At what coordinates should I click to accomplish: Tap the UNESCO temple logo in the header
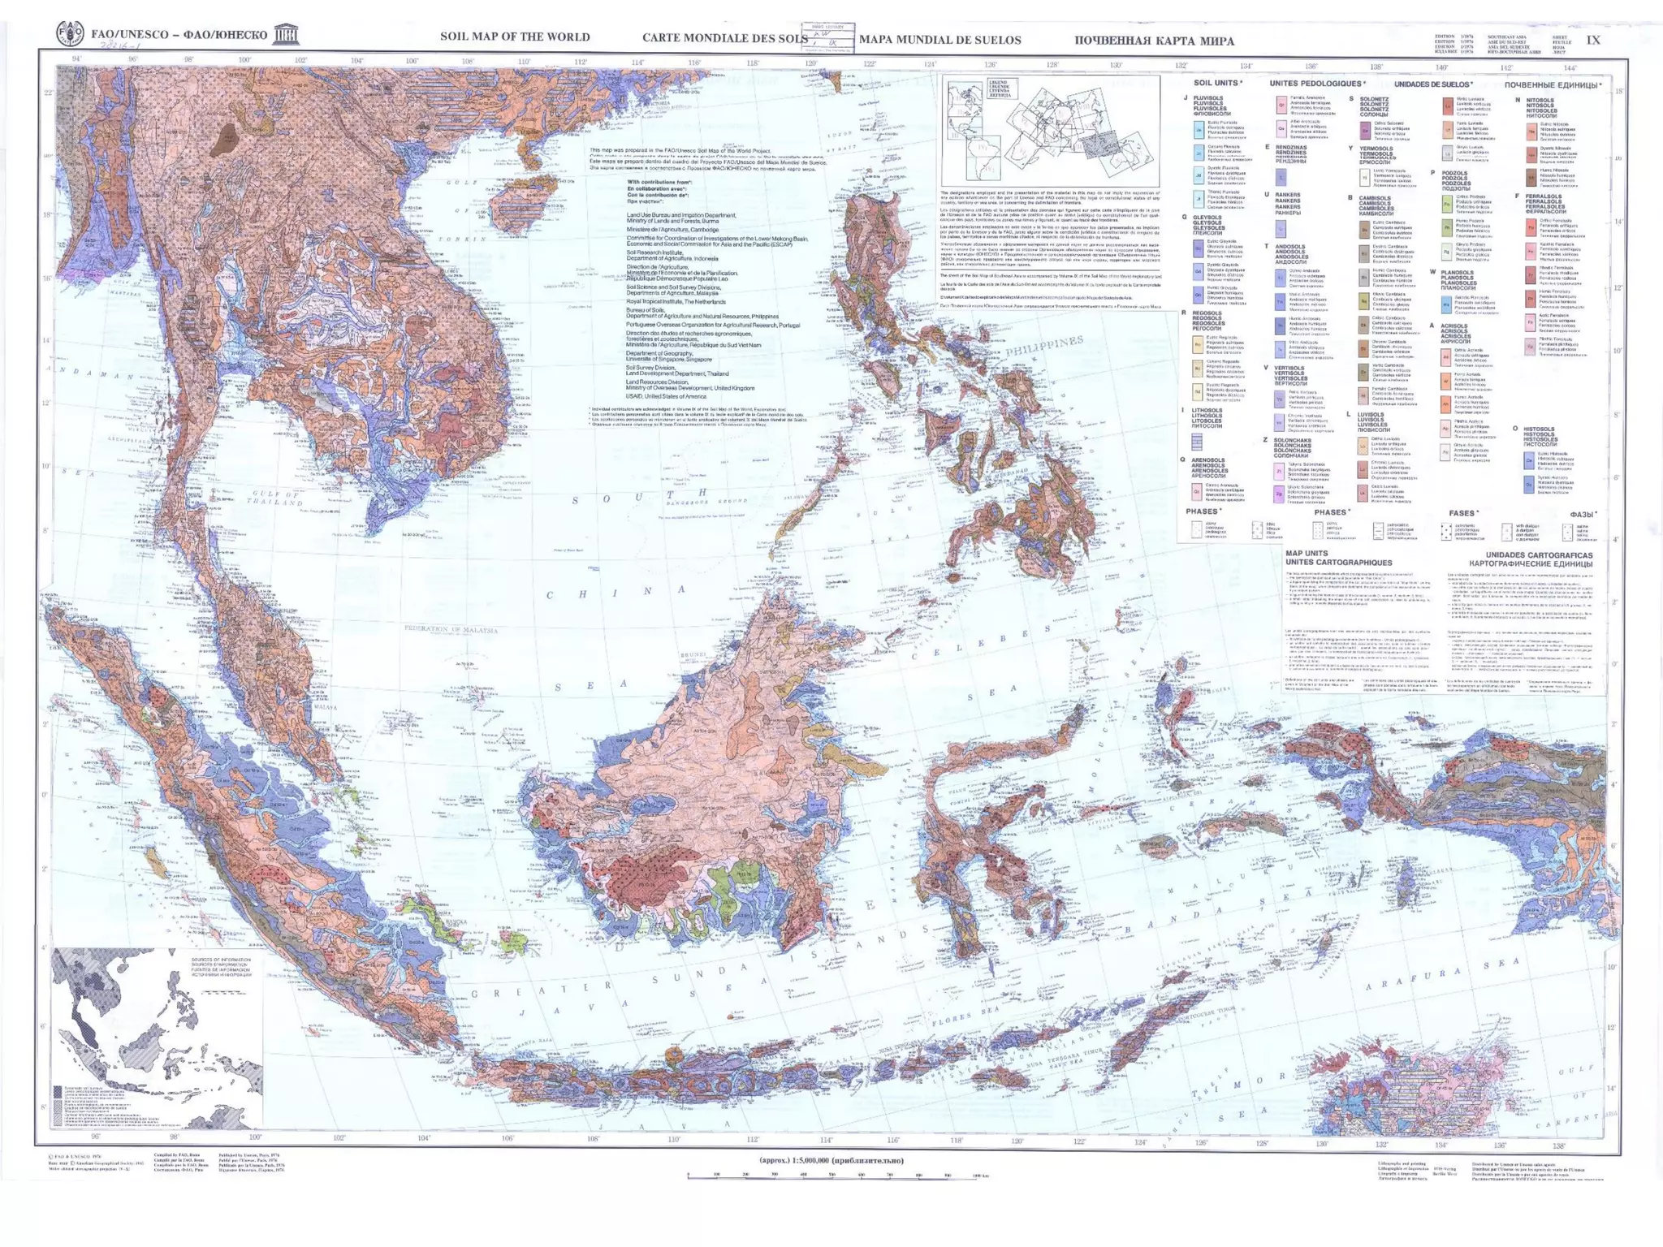pos(286,34)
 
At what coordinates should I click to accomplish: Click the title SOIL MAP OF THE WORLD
pos(515,37)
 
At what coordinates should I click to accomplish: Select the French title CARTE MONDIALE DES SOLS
pos(724,38)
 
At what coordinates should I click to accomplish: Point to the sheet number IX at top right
pos(1592,40)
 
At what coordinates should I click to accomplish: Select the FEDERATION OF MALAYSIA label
pos(451,629)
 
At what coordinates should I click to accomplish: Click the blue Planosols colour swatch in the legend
pos(1446,304)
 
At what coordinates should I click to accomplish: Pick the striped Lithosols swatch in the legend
pos(1196,442)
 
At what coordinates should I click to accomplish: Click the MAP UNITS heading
pos(1307,554)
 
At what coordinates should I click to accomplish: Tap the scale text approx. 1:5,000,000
pos(831,1160)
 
